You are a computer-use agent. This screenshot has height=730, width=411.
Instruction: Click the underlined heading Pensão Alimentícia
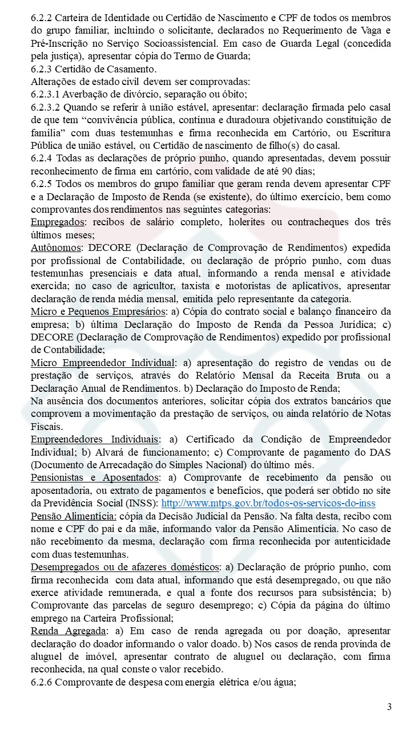(x=74, y=516)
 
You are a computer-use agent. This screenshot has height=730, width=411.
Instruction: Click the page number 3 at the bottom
(x=389, y=707)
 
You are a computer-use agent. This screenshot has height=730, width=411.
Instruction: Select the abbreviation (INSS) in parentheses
(x=142, y=504)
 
